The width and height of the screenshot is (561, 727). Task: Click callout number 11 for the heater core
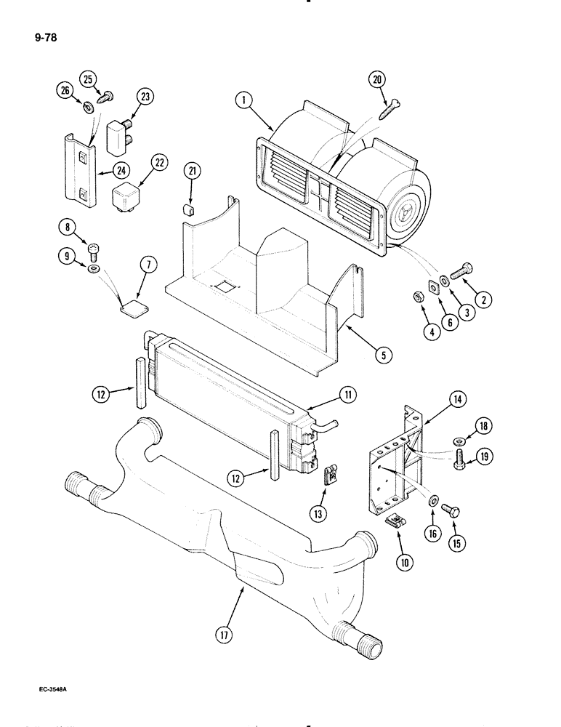(x=347, y=395)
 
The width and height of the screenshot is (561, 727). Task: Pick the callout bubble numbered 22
(x=160, y=164)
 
